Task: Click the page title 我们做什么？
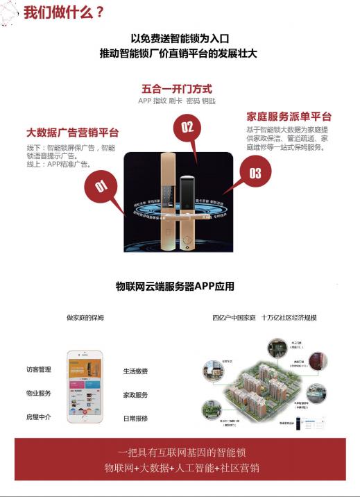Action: point(63,12)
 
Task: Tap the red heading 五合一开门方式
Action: point(177,89)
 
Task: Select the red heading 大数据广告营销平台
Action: point(72,132)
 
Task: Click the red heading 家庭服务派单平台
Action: point(289,117)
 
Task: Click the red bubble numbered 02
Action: point(187,127)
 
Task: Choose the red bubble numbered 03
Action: point(255,172)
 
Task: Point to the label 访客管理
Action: point(39,369)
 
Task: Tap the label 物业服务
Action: point(39,393)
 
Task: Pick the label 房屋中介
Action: point(39,416)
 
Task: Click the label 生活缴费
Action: point(135,371)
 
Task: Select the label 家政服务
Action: point(135,395)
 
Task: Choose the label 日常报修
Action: point(135,419)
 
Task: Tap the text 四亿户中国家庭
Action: point(232,318)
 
